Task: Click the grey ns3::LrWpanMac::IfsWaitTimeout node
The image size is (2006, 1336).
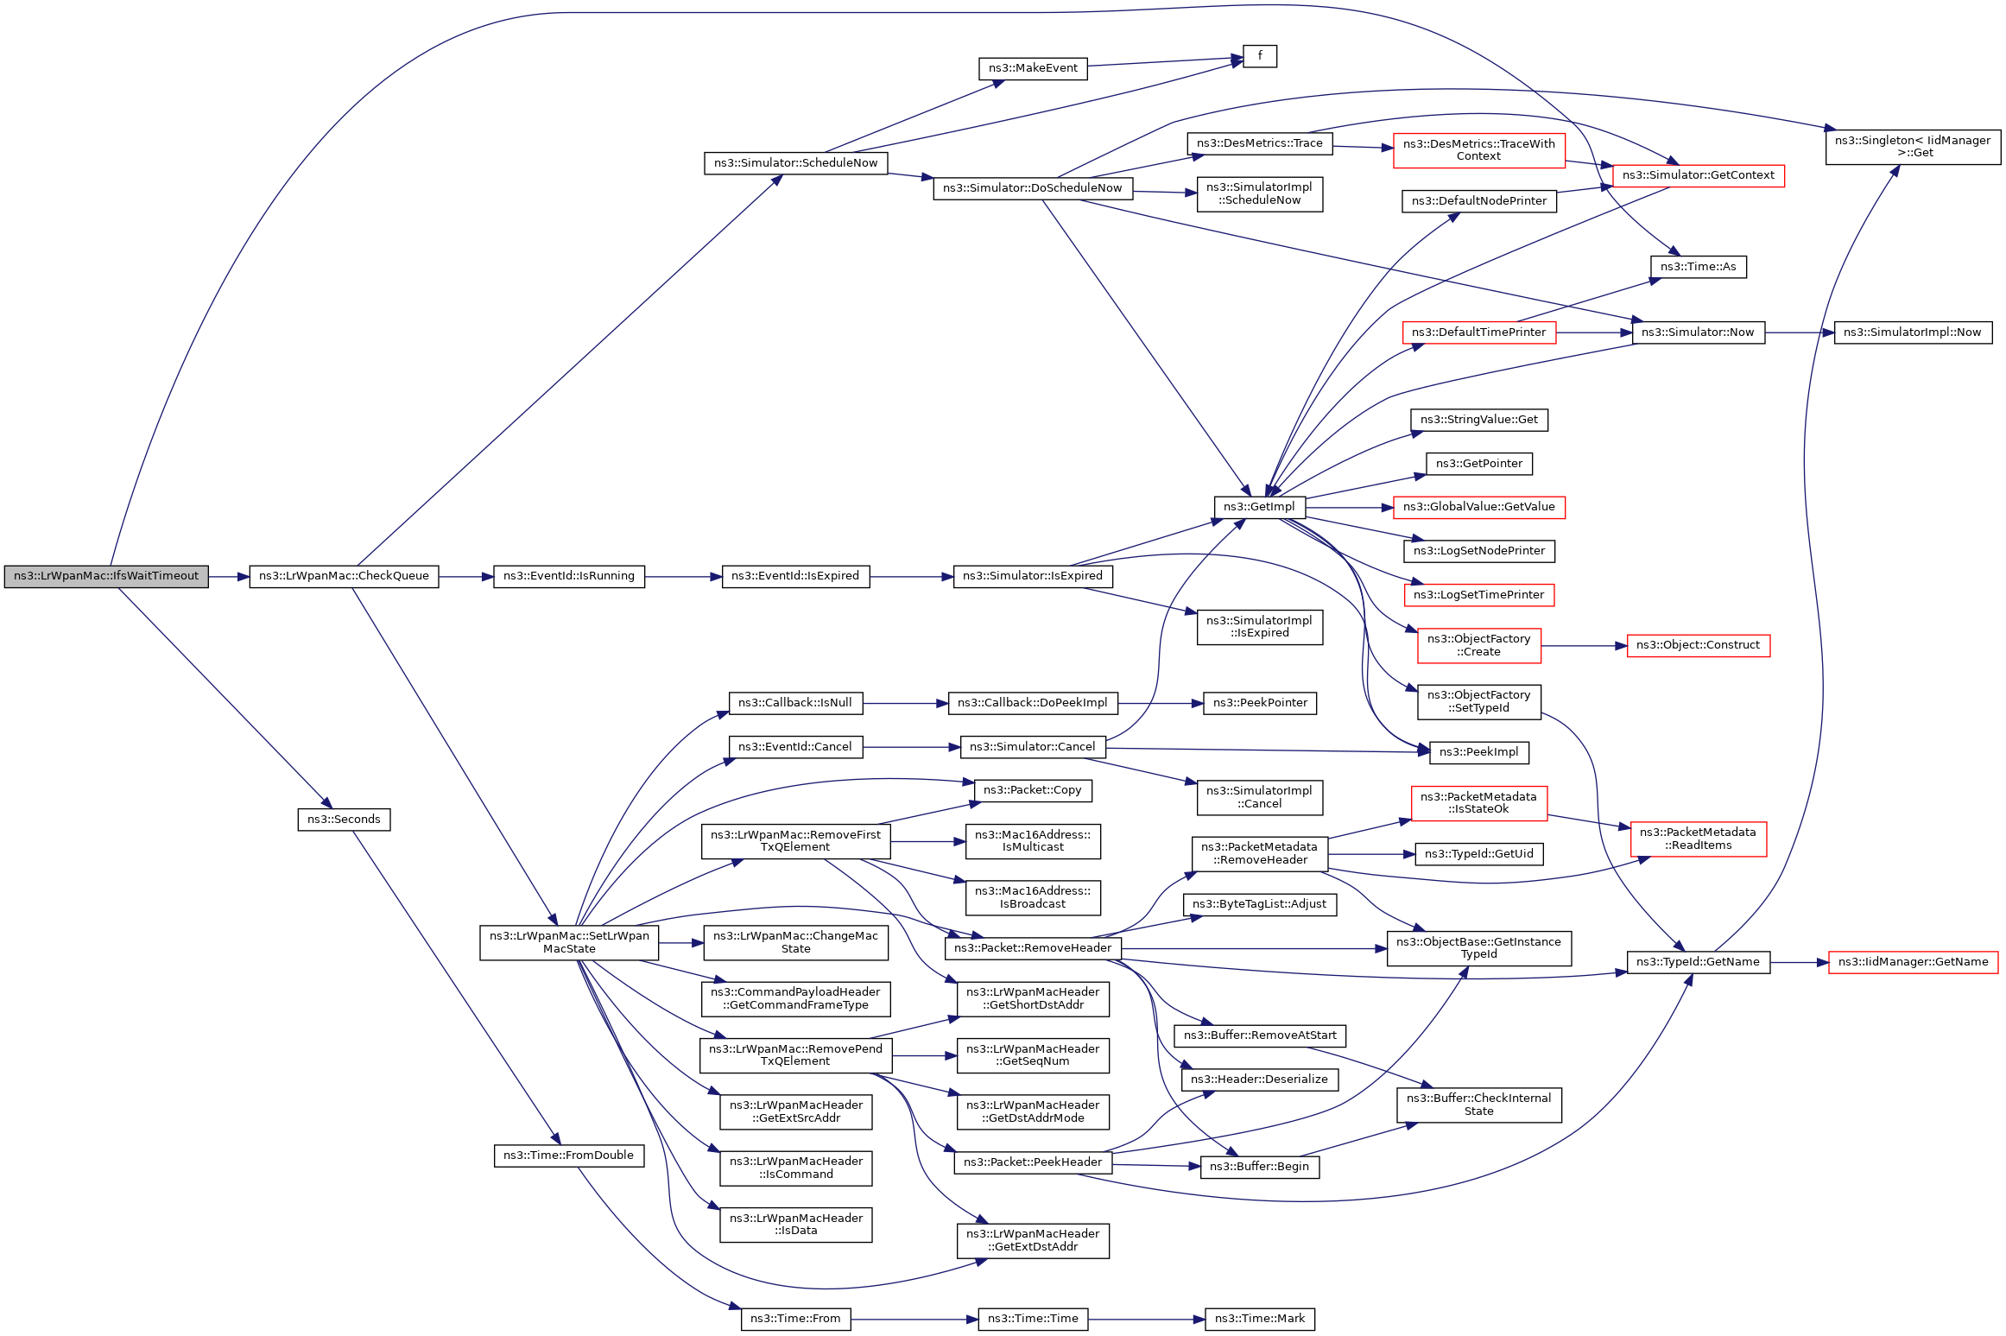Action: tap(106, 577)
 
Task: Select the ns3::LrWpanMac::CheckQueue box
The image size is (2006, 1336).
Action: tap(344, 577)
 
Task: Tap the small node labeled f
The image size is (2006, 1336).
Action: tap(1260, 56)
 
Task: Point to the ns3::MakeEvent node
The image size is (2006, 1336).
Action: tap(1033, 68)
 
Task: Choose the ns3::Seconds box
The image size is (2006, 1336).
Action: tap(344, 820)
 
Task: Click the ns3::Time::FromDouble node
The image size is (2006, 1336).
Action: tap(569, 1156)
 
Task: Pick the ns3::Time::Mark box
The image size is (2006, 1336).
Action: tap(1260, 1319)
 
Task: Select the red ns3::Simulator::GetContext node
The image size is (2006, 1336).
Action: tap(1698, 175)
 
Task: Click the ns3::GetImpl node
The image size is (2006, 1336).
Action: tap(1259, 507)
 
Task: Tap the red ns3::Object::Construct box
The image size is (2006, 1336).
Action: tap(1698, 645)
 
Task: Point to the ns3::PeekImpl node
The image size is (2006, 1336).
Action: tap(1478, 752)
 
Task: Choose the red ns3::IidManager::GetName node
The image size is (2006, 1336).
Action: tap(1913, 962)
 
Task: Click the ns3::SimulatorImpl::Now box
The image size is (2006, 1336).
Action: tap(1913, 332)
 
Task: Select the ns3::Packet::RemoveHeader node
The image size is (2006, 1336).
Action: tap(1033, 948)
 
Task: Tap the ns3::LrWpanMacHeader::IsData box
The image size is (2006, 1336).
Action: tap(795, 1225)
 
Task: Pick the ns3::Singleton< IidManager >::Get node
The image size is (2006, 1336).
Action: tap(1913, 147)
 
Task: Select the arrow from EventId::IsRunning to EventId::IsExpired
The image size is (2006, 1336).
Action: tap(683, 577)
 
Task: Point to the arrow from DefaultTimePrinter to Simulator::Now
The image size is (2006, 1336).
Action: tap(1593, 332)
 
